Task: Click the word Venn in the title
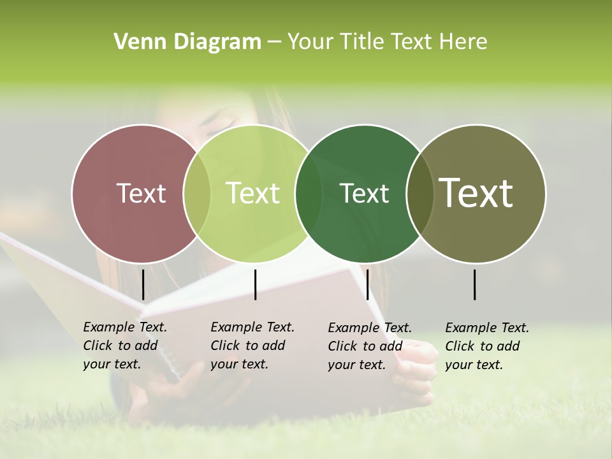135,42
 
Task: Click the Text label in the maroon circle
141,193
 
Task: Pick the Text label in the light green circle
252,193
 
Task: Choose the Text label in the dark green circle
364,193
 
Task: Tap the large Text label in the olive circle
476,193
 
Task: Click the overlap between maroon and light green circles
197,193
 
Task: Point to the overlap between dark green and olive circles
420,193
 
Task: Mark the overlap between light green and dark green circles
309,193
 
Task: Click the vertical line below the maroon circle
143,284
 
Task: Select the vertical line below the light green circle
255,284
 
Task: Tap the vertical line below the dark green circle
367,284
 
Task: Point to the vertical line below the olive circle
475,284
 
